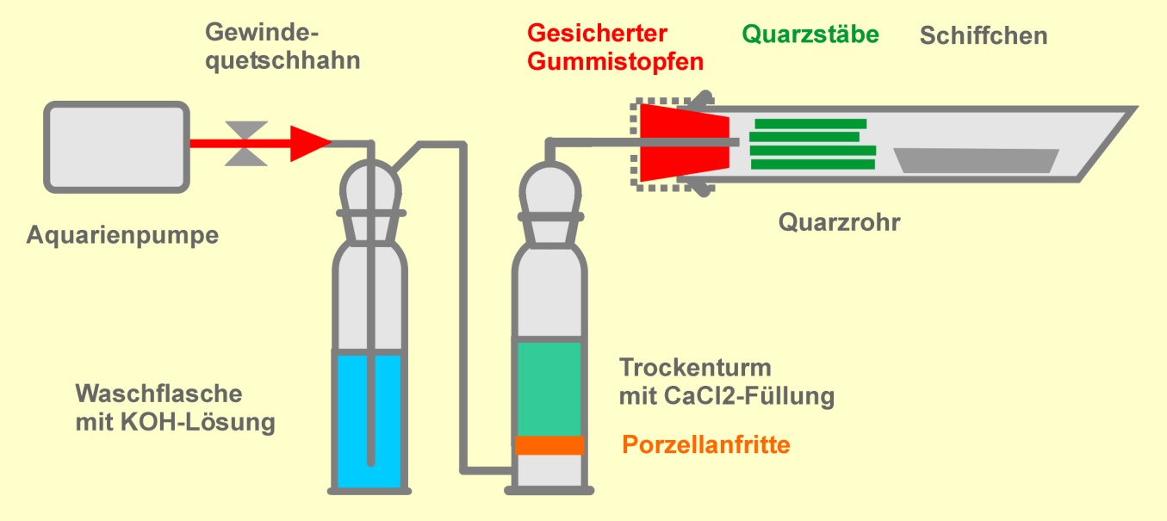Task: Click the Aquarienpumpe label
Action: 122,235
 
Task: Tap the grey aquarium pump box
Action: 116,147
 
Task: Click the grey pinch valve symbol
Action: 246,144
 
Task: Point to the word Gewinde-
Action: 262,33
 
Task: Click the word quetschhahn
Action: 282,61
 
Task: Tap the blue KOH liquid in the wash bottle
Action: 369,421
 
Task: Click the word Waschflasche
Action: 158,394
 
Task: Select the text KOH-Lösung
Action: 198,423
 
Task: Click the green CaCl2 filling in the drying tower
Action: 549,388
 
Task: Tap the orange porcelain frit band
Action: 549,445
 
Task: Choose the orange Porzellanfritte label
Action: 706,445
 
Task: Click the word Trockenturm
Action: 695,368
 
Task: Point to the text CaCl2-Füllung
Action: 749,396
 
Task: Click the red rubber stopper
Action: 685,142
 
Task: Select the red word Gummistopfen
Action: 615,62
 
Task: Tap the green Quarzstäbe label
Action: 810,34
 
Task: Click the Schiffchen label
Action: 984,36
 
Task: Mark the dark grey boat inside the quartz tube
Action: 976,160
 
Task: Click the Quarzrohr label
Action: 840,222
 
